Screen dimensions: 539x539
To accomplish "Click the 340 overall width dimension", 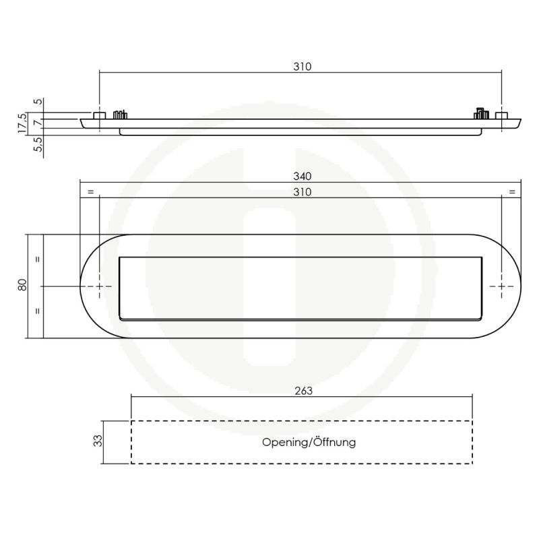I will coord(302,177).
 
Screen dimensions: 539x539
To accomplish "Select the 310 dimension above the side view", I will coord(302,67).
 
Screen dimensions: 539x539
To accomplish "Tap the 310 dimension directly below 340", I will coord(302,192).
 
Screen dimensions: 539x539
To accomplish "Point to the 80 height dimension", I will coord(22,286).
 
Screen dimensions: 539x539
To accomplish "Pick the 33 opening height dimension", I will coord(98,441).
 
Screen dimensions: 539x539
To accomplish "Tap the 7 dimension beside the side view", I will coord(38,123).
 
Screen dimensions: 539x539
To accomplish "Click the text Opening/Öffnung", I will coord(309,443).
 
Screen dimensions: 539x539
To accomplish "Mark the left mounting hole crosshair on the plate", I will coord(100,287).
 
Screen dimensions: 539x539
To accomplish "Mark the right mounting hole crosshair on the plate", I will coord(502,287).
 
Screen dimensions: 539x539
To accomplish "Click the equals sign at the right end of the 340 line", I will coord(511,193).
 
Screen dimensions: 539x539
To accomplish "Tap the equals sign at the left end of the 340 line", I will coord(90,193).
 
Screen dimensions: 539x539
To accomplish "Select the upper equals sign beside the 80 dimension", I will coord(38,259).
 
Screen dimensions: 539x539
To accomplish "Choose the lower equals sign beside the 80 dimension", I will coord(38,311).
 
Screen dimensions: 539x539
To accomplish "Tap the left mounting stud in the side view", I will coord(99,116).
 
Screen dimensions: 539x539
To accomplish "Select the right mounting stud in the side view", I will coord(501,116).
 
